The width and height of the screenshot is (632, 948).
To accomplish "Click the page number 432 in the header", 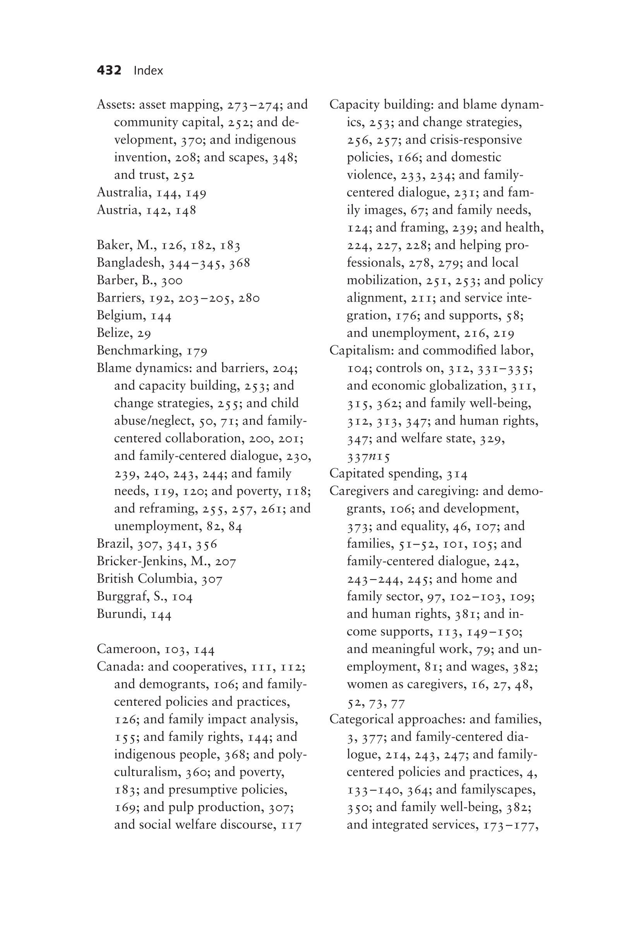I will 109,70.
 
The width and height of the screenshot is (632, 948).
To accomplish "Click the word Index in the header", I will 148,71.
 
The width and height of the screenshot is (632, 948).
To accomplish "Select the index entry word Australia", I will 123,192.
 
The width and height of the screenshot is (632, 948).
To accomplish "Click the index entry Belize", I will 115,333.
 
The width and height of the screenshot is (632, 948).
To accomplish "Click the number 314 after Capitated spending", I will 457,474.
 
